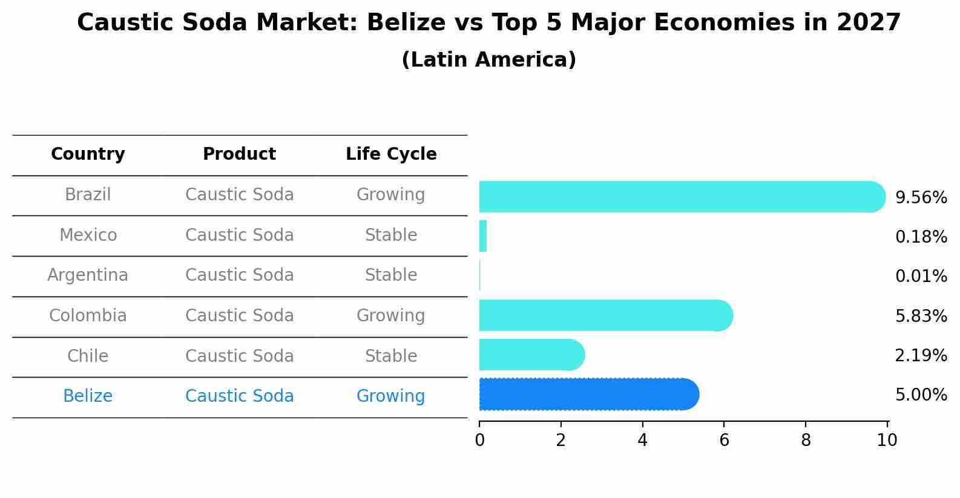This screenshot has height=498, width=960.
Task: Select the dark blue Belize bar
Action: [x=587, y=395]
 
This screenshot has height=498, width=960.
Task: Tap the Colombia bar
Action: [x=605, y=315]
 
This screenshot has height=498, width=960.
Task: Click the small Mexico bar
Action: [x=483, y=236]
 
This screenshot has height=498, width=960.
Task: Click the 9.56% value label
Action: [x=921, y=198]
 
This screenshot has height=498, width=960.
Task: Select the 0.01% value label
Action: [x=921, y=277]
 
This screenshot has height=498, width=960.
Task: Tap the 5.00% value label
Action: [x=921, y=395]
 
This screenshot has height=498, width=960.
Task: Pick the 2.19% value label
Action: [x=921, y=355]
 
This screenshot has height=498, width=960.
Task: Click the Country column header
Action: [x=88, y=154]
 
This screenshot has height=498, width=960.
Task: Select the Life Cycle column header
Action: [x=391, y=154]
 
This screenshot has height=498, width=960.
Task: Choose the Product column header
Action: [x=239, y=154]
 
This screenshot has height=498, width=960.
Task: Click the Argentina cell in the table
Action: [x=88, y=275]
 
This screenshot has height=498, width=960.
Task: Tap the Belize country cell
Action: [x=88, y=396]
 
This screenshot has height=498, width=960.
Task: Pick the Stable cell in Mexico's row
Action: [x=391, y=235]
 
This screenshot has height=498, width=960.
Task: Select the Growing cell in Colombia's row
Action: [x=391, y=315]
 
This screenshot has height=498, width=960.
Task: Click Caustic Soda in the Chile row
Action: [x=239, y=356]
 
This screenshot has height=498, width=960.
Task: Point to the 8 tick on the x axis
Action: [x=806, y=441]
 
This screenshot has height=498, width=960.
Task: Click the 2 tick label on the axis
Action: [x=561, y=441]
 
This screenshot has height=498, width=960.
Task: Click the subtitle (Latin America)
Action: [x=488, y=60]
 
